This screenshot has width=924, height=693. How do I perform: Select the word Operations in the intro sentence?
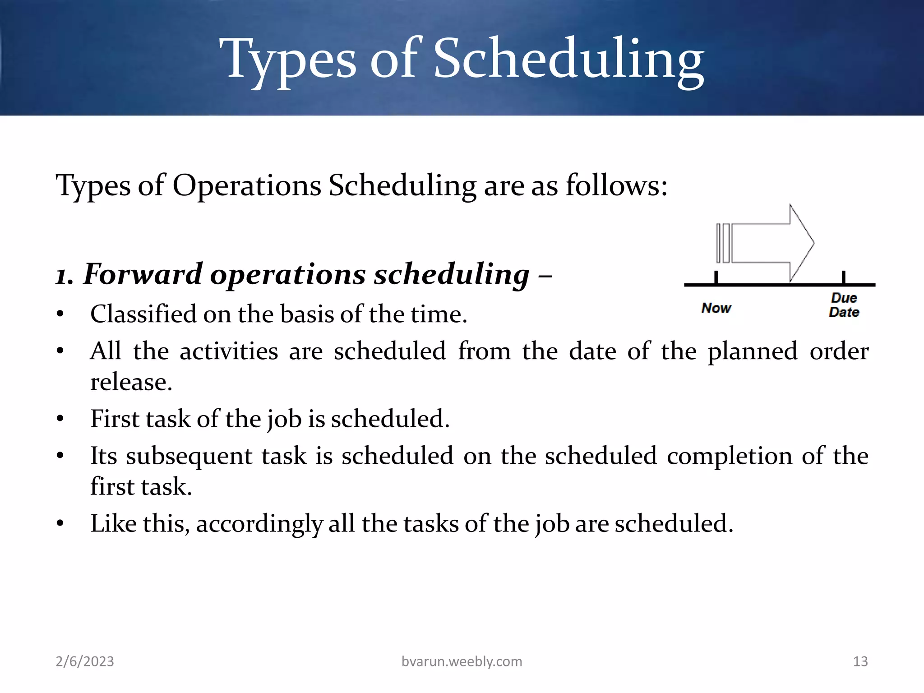[247, 185]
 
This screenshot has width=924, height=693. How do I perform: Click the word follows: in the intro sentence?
[616, 185]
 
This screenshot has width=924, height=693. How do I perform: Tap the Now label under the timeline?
[716, 308]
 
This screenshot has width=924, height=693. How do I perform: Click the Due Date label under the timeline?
[844, 305]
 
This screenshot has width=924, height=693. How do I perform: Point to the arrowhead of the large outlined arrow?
[802, 243]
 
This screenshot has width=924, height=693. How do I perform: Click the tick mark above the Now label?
[716, 277]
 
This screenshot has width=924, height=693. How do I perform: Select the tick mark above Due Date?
[843, 277]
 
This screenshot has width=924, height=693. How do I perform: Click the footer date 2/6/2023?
[85, 661]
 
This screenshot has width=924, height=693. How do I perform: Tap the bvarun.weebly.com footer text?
[462, 661]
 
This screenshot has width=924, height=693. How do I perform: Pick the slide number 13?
[860, 661]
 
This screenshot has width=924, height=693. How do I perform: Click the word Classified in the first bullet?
[143, 314]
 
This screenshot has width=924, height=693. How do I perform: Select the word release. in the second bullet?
[131, 382]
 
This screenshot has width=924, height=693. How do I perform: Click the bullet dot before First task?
[60, 419]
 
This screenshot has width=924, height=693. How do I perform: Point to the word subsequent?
[189, 456]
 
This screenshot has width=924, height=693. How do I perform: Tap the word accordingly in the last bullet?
[259, 524]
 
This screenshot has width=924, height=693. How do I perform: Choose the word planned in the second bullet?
[752, 351]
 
